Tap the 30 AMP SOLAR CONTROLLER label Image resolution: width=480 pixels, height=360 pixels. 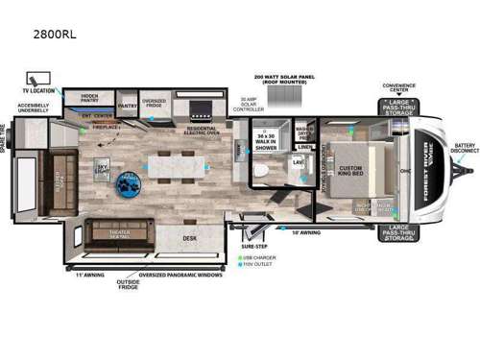[x=237, y=102]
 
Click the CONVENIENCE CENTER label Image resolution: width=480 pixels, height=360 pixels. [x=398, y=86]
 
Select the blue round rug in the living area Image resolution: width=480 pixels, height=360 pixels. [x=126, y=182]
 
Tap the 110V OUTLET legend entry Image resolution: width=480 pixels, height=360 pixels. [x=263, y=263]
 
